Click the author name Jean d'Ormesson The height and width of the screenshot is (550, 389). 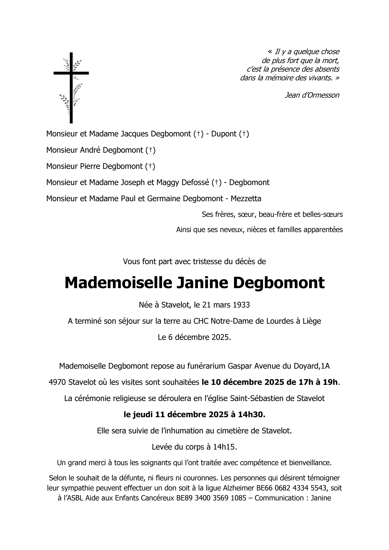312,95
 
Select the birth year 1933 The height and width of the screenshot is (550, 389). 242,305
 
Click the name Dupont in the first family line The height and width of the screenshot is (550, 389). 224,134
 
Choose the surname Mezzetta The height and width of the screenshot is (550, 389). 246,199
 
